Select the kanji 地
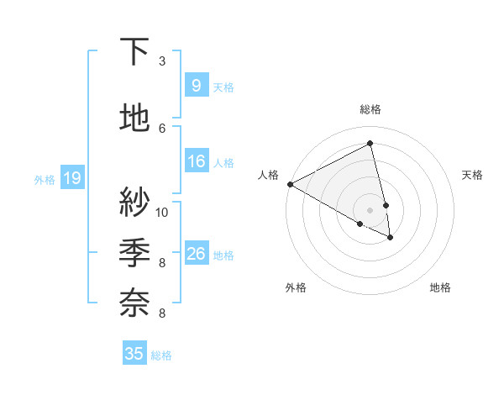[135, 119]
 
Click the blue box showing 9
[196, 85]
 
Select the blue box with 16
[196, 161]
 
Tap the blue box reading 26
[196, 254]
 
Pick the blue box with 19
[71, 178]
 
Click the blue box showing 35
[134, 354]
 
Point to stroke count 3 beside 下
[162, 61]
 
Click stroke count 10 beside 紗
[162, 212]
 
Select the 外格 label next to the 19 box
[45, 179]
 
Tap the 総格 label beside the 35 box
[161, 355]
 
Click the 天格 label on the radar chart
[472, 175]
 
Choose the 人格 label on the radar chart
[268, 175]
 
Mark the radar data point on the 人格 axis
[290, 183]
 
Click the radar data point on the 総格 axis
[370, 143]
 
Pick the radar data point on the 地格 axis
[391, 238]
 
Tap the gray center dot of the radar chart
[370, 209]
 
